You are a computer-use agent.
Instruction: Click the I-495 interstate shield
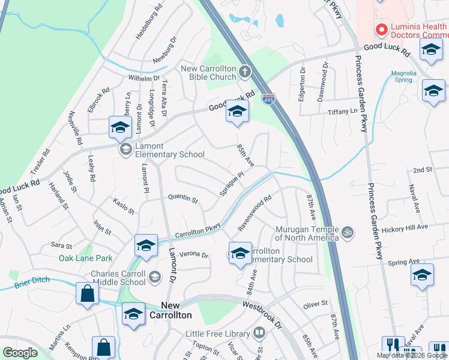pyautogui.click(x=268, y=99)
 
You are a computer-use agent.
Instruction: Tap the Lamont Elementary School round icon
pyautogui.click(x=125, y=149)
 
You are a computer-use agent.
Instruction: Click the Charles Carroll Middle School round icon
pyautogui.click(x=155, y=276)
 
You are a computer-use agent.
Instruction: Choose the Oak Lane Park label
pyautogui.click(x=85, y=259)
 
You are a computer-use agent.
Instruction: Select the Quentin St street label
pyautogui.click(x=183, y=196)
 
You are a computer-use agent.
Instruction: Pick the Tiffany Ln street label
pyautogui.click(x=342, y=112)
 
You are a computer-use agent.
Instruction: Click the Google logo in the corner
pyautogui.click(x=20, y=353)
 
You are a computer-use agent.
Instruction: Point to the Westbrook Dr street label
pyautogui.click(x=262, y=313)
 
